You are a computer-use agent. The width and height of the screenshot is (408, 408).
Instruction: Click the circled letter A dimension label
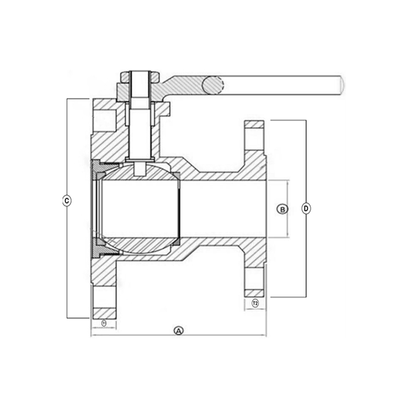click(x=178, y=330)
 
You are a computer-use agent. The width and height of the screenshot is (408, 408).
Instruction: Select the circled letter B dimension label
click(x=282, y=209)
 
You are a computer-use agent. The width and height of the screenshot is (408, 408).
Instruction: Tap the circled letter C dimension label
click(x=66, y=201)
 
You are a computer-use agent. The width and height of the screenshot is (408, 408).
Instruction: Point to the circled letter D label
click(x=306, y=209)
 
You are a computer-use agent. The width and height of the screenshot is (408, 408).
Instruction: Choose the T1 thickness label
click(x=104, y=323)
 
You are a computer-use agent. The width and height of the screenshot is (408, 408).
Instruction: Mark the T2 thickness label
click(x=255, y=302)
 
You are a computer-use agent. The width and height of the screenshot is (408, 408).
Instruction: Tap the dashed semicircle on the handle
click(x=214, y=85)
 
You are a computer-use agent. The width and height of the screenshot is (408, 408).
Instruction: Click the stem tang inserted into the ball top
click(x=141, y=169)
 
